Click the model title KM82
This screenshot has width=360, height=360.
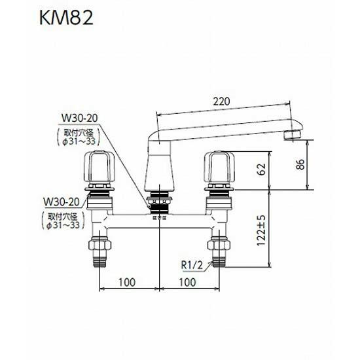(x=59, y=16)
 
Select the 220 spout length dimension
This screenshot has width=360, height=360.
(x=223, y=102)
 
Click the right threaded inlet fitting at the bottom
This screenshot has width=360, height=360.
(x=219, y=252)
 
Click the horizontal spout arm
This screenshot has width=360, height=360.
(x=223, y=123)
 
